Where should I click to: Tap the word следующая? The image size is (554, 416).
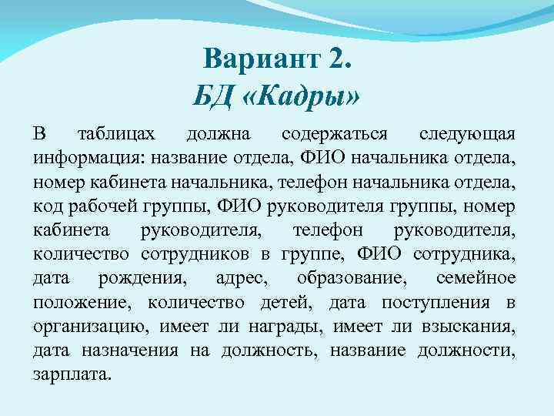coord(467,135)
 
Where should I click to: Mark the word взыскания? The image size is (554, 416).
coord(469,327)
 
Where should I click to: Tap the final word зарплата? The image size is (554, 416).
coord(72,375)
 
